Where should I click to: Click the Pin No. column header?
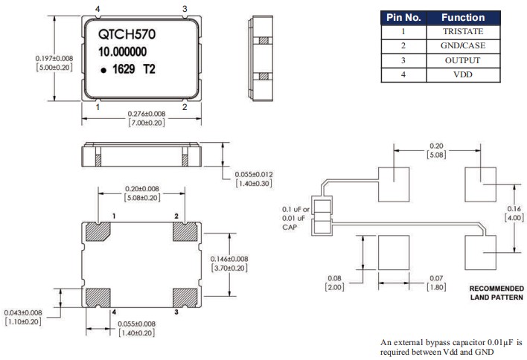403,17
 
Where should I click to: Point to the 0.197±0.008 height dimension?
53,58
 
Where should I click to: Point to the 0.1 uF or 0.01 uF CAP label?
295,218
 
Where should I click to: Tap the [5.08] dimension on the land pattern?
437,155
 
